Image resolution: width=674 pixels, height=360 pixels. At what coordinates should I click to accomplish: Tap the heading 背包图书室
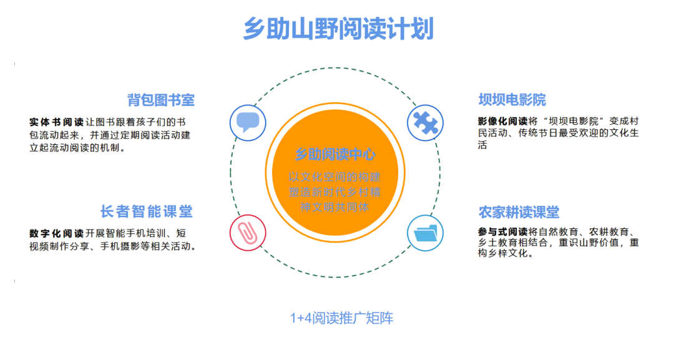point(161,100)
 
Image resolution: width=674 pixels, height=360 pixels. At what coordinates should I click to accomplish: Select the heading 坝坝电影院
point(512,100)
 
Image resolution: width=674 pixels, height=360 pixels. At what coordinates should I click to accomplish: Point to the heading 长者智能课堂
point(147,212)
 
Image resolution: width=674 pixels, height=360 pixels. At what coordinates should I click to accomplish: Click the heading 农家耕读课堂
point(519,213)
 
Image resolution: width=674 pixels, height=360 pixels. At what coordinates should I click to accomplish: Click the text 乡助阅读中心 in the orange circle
point(335,154)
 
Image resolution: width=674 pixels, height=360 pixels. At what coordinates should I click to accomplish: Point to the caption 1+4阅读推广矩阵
point(341,318)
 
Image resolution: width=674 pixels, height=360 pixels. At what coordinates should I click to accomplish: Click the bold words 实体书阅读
point(56,121)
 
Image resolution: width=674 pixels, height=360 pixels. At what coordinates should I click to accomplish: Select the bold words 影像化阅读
point(502,120)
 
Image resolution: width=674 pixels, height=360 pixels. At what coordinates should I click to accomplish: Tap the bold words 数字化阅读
point(56,233)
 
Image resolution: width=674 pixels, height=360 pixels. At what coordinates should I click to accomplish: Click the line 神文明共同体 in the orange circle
point(335,207)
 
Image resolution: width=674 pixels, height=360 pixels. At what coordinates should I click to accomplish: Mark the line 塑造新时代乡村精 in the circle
point(335,191)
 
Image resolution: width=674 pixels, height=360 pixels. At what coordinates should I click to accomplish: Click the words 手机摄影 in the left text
point(134,246)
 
